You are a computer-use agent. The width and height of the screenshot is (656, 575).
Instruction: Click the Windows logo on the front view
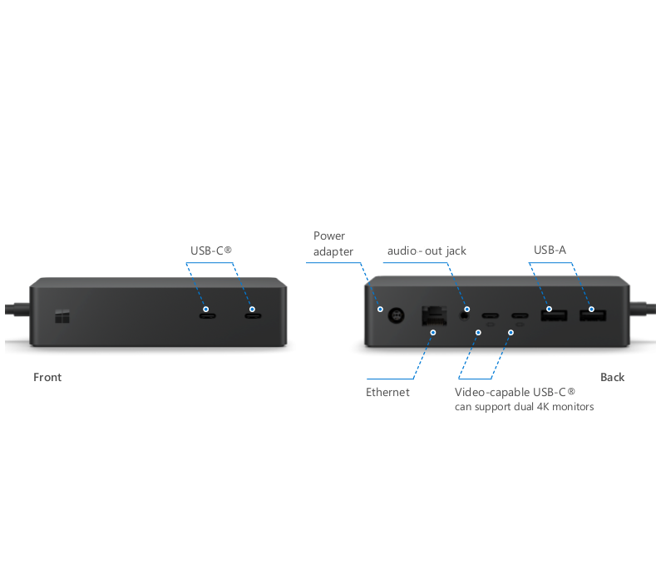(x=62, y=316)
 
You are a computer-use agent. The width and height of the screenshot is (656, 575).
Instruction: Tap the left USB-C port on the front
(x=207, y=314)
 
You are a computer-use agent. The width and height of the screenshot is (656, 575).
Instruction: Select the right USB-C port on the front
(x=252, y=314)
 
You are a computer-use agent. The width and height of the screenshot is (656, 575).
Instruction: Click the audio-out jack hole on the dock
(x=466, y=314)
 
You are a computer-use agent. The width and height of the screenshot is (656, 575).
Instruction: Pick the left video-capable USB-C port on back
(x=491, y=316)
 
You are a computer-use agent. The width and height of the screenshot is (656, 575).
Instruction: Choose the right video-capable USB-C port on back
(x=520, y=316)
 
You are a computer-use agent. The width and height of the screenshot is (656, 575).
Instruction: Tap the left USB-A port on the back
(x=553, y=315)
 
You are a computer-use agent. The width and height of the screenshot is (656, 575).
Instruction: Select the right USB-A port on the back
(x=593, y=315)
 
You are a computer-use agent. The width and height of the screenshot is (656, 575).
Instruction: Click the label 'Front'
(x=47, y=378)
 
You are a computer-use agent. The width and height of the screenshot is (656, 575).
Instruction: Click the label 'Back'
(x=612, y=378)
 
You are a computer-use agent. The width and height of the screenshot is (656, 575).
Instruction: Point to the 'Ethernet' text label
(x=387, y=393)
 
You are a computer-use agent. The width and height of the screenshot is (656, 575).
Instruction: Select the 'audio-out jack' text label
(x=427, y=250)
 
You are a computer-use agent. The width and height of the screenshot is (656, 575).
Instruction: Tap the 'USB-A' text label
(x=550, y=250)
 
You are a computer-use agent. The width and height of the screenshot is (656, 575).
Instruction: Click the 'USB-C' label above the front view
(x=210, y=250)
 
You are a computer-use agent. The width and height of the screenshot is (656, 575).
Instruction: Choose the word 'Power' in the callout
(x=329, y=236)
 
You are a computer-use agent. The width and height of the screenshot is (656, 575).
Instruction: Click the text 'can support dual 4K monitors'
(x=524, y=407)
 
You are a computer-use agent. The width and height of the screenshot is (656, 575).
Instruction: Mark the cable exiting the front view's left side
(x=15, y=311)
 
